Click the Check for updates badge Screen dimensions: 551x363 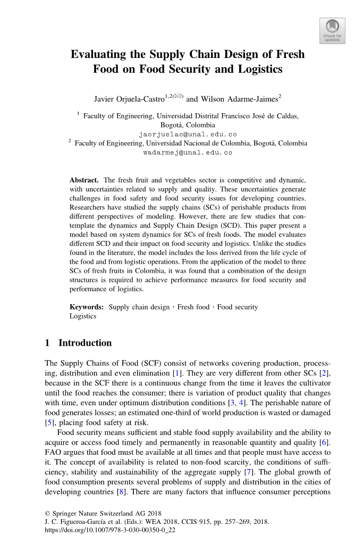click(x=332, y=30)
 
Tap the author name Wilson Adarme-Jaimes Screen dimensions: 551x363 click(x=239, y=99)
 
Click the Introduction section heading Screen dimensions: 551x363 click(x=85, y=343)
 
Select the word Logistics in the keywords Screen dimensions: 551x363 click(x=83, y=316)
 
